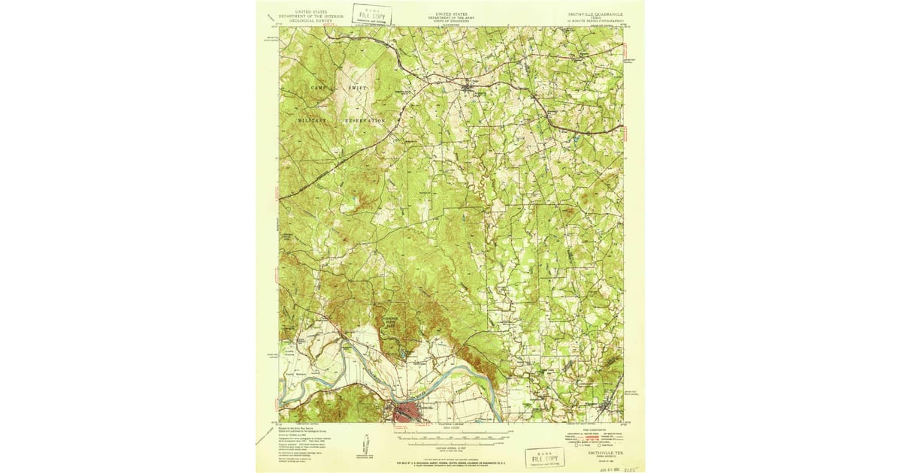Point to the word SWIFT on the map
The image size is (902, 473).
coord(358,89)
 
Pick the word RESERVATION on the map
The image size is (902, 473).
coord(365,120)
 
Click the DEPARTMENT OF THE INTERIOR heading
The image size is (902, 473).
coord(310,17)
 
